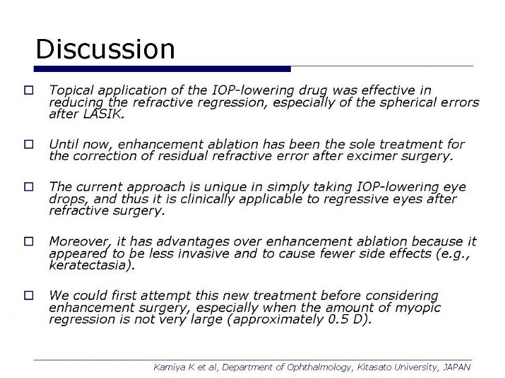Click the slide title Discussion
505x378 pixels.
(105, 49)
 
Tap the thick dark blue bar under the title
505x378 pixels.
(162, 69)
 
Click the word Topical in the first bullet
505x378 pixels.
(71, 90)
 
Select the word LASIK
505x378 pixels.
(104, 114)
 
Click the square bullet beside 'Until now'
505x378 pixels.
(29, 144)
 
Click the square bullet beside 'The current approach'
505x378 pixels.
(29, 186)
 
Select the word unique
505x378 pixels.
(224, 187)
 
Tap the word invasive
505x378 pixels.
(203, 254)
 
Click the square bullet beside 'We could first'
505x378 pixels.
(29, 295)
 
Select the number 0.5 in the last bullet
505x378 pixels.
(338, 319)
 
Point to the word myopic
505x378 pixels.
(417, 308)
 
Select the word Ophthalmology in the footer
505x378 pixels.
(318, 367)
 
